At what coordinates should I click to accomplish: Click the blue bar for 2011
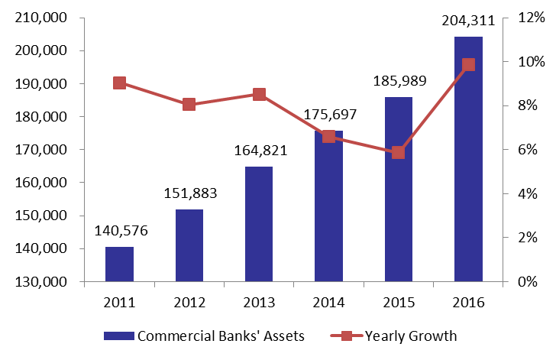tap(119, 264)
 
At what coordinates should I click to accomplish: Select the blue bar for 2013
tap(259, 224)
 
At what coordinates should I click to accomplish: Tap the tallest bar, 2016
tap(468, 159)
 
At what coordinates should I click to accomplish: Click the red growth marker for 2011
tap(119, 83)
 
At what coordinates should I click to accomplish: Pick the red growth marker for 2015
tap(398, 153)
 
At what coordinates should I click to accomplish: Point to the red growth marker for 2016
tap(468, 65)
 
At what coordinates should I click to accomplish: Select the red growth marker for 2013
tap(259, 95)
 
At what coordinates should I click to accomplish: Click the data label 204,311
tap(468, 21)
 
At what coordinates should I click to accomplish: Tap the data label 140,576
tap(121, 231)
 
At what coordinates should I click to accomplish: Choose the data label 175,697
tap(330, 115)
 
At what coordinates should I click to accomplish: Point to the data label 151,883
tap(190, 193)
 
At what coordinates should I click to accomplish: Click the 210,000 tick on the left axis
tap(40, 18)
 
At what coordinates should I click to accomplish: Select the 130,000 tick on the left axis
tap(40, 281)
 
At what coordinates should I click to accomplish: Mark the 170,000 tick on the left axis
tap(40, 150)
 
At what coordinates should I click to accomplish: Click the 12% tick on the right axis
tap(532, 18)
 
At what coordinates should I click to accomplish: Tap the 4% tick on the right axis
tap(528, 194)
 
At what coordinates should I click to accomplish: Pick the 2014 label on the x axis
tap(328, 303)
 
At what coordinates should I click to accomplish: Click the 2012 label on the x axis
tap(189, 303)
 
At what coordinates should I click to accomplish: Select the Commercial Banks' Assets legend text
tap(221, 336)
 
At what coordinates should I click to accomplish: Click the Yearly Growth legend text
tap(411, 336)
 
